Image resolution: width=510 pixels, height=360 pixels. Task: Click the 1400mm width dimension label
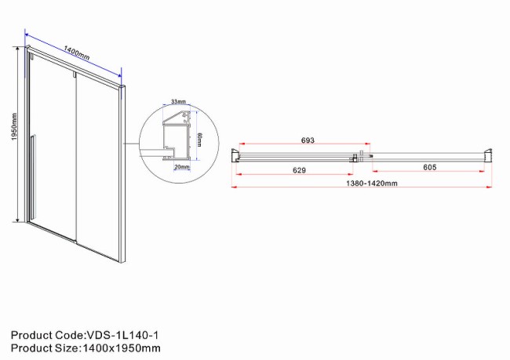coord(75,55)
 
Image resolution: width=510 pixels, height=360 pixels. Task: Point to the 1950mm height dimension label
coord(14,135)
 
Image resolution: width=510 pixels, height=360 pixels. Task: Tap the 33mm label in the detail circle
coord(178,102)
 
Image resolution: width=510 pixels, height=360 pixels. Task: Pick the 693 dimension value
coord(307,140)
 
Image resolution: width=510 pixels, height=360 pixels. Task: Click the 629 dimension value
coord(293,169)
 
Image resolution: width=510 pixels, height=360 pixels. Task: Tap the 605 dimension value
coord(429,167)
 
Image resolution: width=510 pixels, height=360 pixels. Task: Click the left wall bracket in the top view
coord(236,156)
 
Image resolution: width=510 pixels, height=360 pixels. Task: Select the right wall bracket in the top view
coord(488,156)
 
